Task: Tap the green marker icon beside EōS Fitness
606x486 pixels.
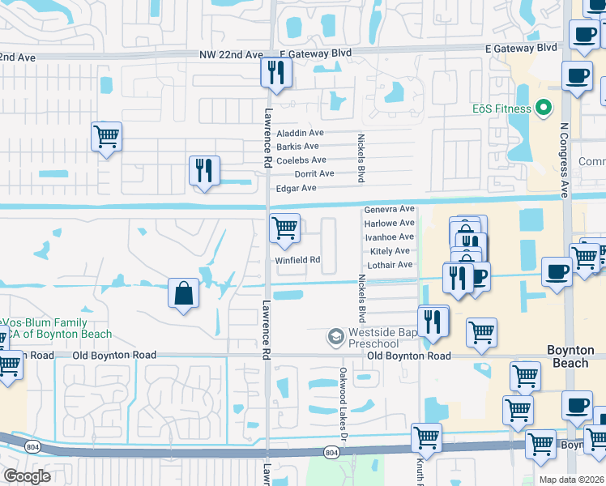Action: (x=544, y=108)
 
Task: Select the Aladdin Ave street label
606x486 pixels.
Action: (x=300, y=133)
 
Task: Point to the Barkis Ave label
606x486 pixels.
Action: (x=297, y=147)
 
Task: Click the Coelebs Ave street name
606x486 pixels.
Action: (x=301, y=160)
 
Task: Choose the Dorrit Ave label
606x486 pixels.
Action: (x=314, y=174)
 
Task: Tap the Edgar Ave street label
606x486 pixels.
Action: (x=296, y=188)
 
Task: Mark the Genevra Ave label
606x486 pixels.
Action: (x=389, y=209)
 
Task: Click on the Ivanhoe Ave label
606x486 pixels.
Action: (x=389, y=237)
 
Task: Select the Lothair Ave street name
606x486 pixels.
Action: (x=390, y=265)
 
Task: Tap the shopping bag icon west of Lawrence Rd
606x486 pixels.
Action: (x=184, y=292)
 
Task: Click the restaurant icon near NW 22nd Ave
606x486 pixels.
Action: (x=276, y=73)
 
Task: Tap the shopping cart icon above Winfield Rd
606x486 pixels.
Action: (x=284, y=228)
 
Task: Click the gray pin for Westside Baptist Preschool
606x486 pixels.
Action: (x=335, y=335)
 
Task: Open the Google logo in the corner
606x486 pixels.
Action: (x=27, y=477)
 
